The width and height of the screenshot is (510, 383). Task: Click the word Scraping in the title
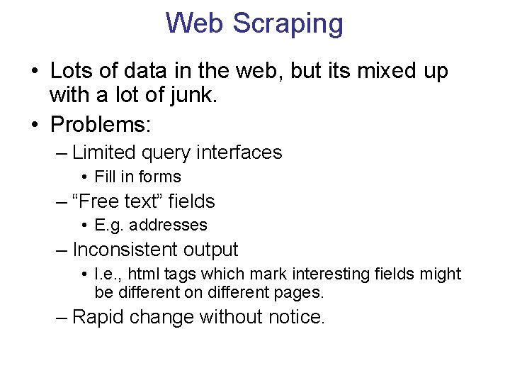click(x=288, y=23)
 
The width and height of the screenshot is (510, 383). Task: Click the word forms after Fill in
click(x=159, y=177)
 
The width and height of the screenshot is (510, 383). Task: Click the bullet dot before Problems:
click(x=35, y=125)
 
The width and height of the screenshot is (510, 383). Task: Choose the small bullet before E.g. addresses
click(x=84, y=226)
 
